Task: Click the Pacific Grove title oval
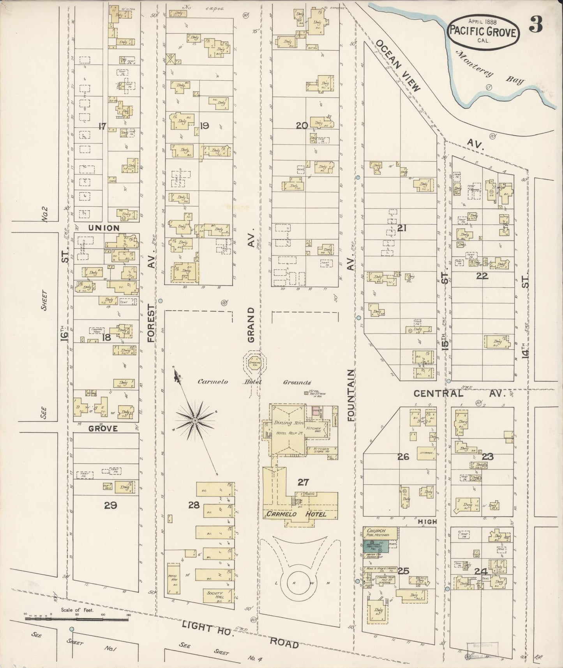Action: point(484,33)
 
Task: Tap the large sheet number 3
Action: point(537,26)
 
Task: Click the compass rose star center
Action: point(194,421)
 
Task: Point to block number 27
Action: point(303,482)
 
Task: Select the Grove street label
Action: point(103,428)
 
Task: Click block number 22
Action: point(482,276)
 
